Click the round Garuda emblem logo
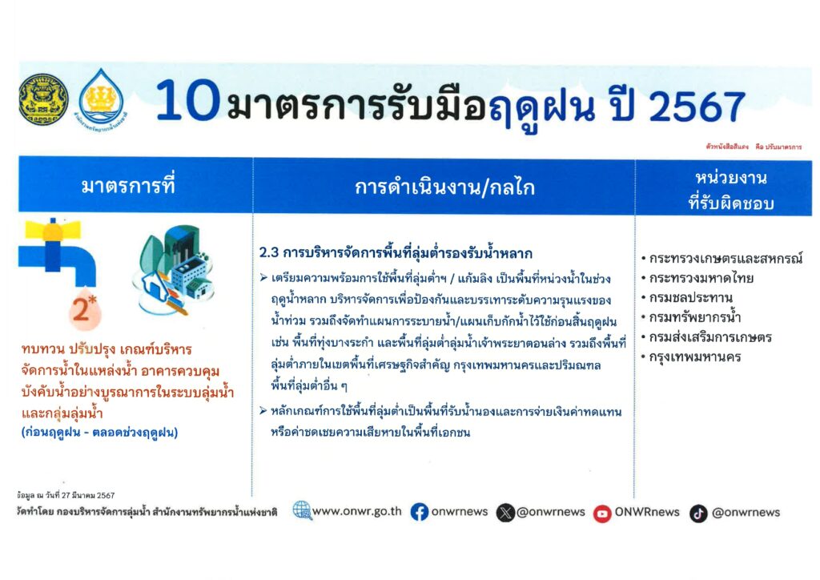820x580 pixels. tap(43, 99)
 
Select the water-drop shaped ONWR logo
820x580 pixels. tap(102, 99)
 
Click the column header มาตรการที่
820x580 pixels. tap(128, 186)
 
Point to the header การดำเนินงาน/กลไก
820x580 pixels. tap(444, 187)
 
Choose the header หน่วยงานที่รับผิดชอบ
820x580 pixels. tap(730, 190)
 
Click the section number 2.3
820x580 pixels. tap(269, 253)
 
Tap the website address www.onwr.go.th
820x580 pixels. tap(356, 511)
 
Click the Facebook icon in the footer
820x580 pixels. tap(420, 512)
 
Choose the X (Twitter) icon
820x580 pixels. tap(505, 513)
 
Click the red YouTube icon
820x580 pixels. tap(602, 514)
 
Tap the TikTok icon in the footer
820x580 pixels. tap(698, 514)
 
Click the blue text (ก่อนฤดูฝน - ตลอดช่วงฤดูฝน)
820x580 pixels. tap(100, 433)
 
